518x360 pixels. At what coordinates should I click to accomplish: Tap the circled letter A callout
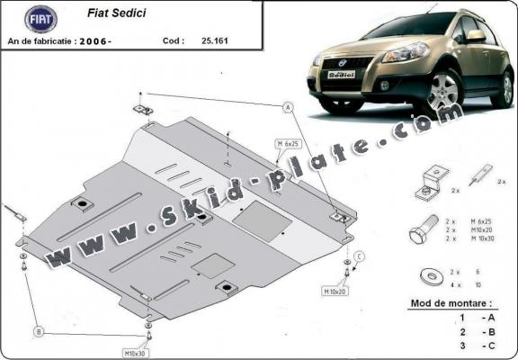289,108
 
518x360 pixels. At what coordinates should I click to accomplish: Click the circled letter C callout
358,257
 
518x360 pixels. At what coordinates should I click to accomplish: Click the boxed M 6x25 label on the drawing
290,144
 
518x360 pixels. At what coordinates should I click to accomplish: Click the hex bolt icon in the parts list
424,231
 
